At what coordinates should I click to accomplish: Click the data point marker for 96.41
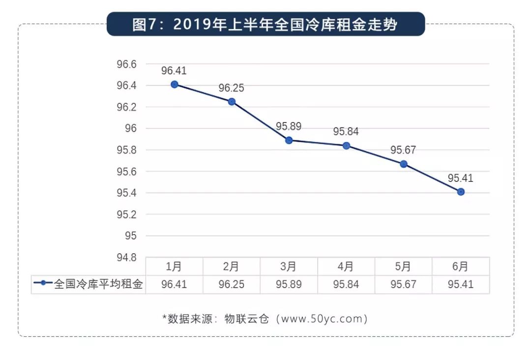174,85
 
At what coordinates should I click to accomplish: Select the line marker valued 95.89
289,140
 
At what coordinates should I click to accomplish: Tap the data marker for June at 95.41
461,192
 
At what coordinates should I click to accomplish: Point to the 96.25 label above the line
231,88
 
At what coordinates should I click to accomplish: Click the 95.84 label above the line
346,131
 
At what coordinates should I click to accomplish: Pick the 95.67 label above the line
403,150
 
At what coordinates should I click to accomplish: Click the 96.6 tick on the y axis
126,64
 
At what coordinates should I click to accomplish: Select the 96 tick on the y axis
131,128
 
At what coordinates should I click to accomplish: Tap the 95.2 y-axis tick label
126,215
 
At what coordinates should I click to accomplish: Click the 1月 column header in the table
174,267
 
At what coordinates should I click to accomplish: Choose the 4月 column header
346,267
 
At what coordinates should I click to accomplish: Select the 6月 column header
461,267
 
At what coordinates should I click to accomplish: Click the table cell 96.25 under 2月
231,284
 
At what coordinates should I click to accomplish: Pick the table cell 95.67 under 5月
403,284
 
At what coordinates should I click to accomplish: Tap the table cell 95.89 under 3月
289,284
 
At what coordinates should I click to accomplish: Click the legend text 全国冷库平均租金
98,284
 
